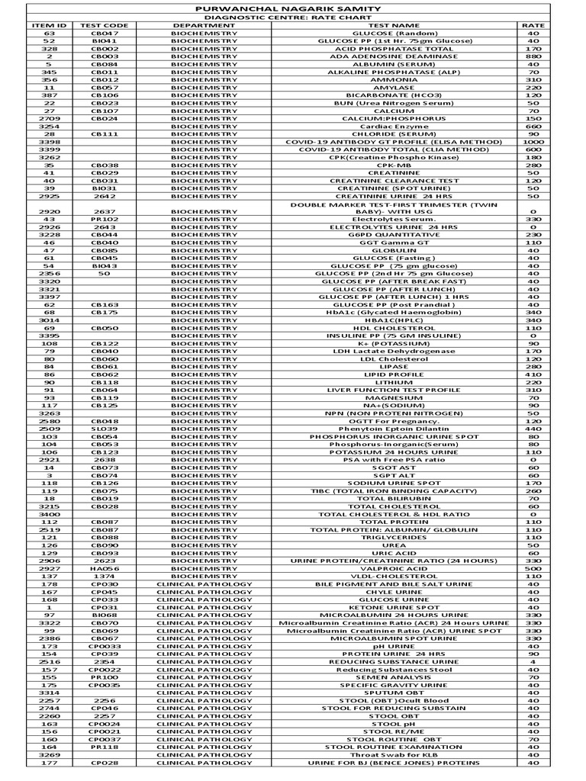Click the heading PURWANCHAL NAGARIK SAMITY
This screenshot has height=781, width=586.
pyautogui.click(x=293, y=7)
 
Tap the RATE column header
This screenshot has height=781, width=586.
pyautogui.click(x=533, y=25)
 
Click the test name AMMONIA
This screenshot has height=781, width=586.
pyautogui.click(x=394, y=79)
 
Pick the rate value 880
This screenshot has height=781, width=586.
pyautogui.click(x=533, y=56)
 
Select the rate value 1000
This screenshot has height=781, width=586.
pyautogui.click(x=533, y=142)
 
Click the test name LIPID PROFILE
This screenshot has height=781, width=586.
pyautogui.click(x=394, y=374)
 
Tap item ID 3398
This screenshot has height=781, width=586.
pyautogui.click(x=50, y=142)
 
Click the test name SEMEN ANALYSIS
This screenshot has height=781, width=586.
pyautogui.click(x=394, y=677)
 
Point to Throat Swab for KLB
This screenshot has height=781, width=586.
pyautogui.click(x=394, y=754)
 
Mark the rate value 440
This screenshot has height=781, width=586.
pyautogui.click(x=533, y=429)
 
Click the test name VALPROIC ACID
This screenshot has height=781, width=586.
pyautogui.click(x=394, y=568)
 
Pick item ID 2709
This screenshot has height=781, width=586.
pyautogui.click(x=50, y=118)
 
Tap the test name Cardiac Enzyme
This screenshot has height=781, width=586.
pyautogui.click(x=394, y=126)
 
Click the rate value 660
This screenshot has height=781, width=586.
pyautogui.click(x=533, y=126)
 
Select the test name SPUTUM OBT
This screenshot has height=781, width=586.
pyautogui.click(x=394, y=693)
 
